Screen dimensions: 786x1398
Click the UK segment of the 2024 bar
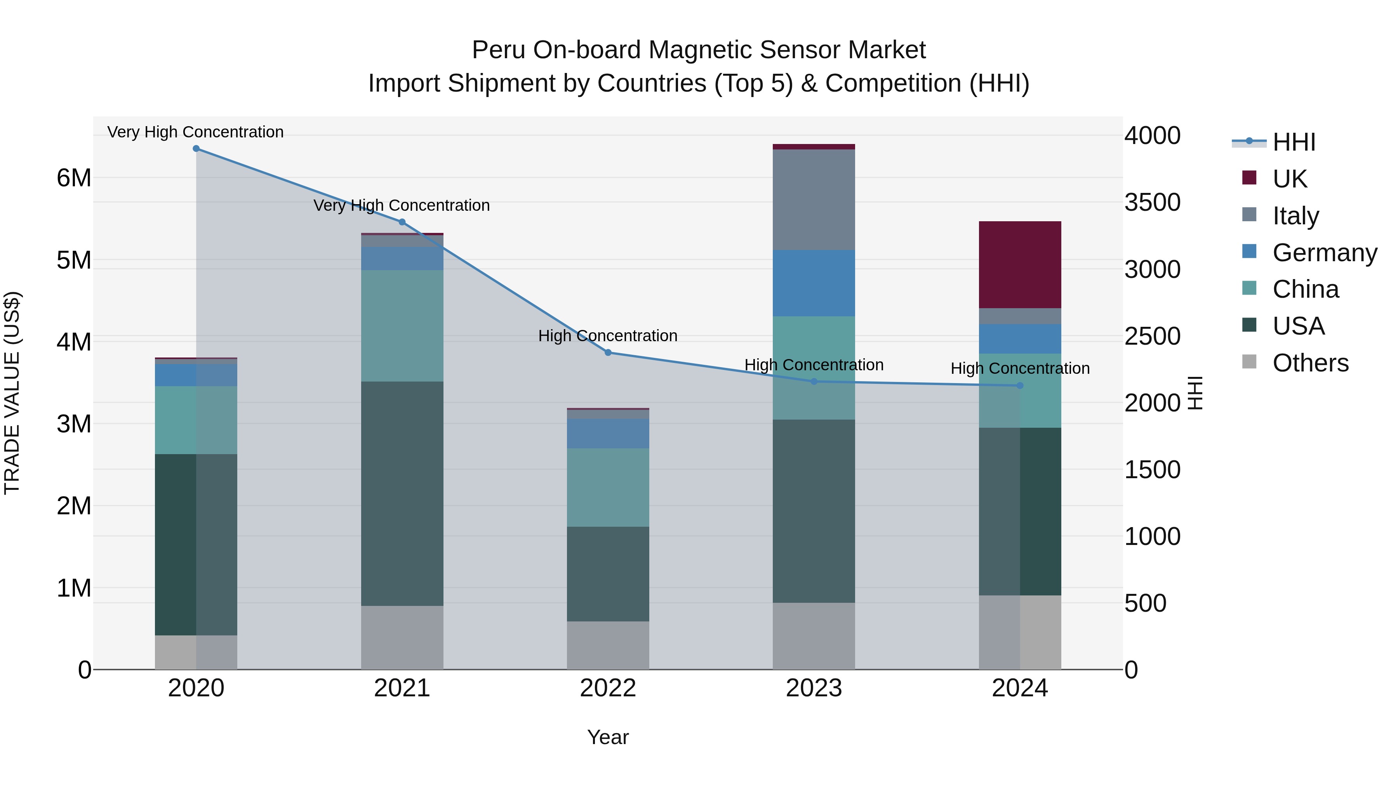click(1019, 264)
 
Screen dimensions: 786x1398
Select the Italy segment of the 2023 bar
click(814, 199)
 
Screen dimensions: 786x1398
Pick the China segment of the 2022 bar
click(608, 487)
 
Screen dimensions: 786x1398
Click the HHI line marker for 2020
click(196, 149)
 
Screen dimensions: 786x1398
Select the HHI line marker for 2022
click(608, 352)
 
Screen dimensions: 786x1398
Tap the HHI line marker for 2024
click(1019, 386)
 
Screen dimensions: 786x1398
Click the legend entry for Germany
click(1324, 253)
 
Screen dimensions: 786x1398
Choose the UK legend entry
click(1289, 179)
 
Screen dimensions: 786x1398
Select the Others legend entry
click(1310, 363)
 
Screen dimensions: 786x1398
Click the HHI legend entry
click(1294, 142)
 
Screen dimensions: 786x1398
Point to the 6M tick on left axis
click(74, 178)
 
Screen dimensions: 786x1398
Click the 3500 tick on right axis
click(1152, 202)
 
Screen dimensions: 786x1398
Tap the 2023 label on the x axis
click(814, 688)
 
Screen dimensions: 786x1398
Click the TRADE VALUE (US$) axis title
click(12, 393)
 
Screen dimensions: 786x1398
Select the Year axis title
click(608, 737)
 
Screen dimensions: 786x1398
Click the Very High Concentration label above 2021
click(402, 206)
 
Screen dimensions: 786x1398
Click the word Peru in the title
click(498, 50)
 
